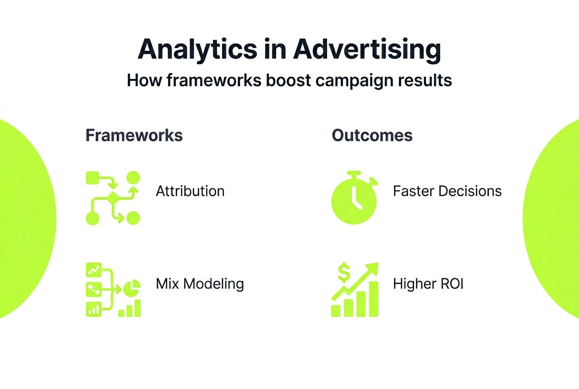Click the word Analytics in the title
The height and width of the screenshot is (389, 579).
[x=198, y=50]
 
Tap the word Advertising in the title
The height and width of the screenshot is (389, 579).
[x=367, y=50]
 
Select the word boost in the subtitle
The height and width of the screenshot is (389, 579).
[x=288, y=80]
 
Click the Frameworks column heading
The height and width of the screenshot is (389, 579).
[x=134, y=135]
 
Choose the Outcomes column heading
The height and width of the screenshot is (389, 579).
[x=372, y=135]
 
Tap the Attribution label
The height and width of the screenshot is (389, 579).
[x=190, y=191]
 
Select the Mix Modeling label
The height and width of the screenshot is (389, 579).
[x=200, y=284]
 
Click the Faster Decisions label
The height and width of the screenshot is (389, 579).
[x=447, y=191]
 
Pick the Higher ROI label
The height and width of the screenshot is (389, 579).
[x=428, y=283]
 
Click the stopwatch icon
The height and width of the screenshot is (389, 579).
[x=355, y=198]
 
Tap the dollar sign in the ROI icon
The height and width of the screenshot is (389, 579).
[x=344, y=272]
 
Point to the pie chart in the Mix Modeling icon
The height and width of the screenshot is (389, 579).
[x=132, y=288]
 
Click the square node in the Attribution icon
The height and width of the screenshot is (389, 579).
[x=92, y=178]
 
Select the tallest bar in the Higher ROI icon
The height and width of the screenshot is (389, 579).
[x=373, y=299]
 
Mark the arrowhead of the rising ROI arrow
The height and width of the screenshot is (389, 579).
[x=372, y=269]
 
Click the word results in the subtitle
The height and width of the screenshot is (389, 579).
[x=425, y=80]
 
